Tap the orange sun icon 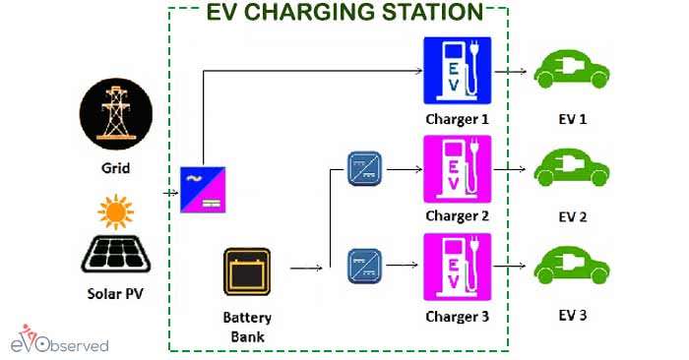pyautogui.click(x=116, y=211)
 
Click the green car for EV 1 pyautogui.click(x=572, y=71)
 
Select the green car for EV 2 pyautogui.click(x=572, y=168)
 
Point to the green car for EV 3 pyautogui.click(x=572, y=268)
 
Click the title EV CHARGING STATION pyautogui.click(x=344, y=12)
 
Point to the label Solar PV pyautogui.click(x=116, y=293)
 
